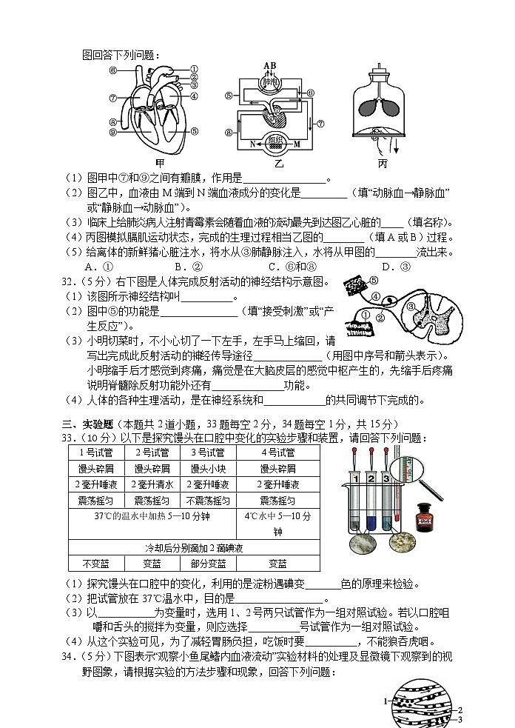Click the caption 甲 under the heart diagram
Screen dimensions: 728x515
[160, 163]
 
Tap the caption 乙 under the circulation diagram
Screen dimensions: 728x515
[280, 163]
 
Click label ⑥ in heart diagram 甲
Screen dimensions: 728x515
[113, 71]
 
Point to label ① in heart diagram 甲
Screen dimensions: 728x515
[193, 67]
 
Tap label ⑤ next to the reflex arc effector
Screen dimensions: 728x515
[373, 281]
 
